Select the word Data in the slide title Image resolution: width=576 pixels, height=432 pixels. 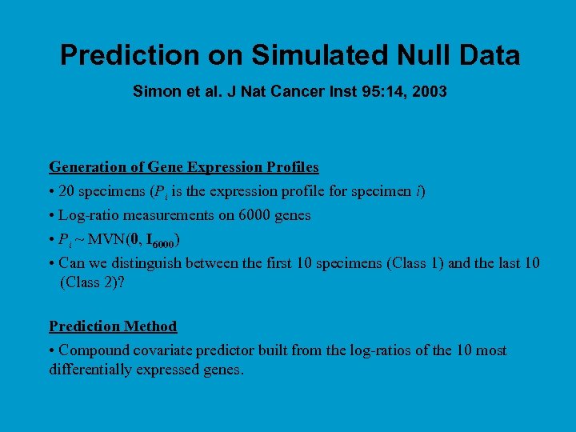click(x=485, y=55)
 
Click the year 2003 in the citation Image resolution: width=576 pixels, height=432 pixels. click(x=428, y=92)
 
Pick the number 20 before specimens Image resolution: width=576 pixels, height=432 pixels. click(x=67, y=191)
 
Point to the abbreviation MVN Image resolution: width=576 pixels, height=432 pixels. click(x=106, y=239)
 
